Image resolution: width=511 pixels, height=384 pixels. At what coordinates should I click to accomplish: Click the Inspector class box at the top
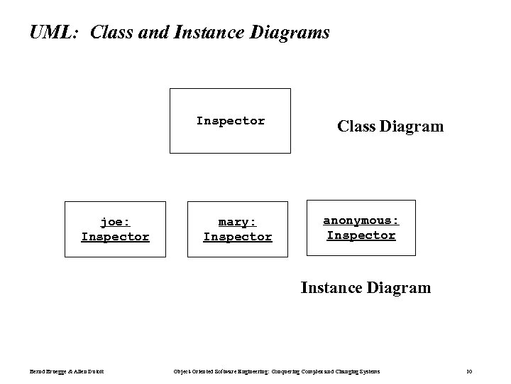point(230,121)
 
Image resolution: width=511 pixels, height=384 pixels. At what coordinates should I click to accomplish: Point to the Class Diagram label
point(390,127)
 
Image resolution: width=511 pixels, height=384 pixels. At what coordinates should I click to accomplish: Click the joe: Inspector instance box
point(115,229)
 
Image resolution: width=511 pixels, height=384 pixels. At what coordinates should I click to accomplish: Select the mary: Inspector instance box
point(237,229)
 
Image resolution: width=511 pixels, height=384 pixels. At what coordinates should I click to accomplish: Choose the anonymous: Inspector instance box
point(361,228)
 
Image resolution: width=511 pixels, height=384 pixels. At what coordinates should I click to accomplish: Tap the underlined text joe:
point(115,222)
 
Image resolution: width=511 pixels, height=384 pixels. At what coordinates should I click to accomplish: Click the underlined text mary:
point(237,222)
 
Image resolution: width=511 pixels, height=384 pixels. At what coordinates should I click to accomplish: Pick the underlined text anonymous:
point(361,220)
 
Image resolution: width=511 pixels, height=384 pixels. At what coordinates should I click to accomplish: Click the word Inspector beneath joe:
point(115,237)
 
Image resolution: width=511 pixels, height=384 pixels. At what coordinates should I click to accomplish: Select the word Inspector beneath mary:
point(237,237)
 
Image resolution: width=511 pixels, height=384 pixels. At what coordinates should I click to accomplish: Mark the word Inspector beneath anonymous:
point(361,235)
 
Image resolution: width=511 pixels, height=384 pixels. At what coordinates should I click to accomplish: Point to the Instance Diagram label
point(365,287)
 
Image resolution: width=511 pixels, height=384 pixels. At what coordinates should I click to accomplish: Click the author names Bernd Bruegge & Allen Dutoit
point(67,371)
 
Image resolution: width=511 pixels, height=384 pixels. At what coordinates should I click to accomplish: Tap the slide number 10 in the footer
point(469,371)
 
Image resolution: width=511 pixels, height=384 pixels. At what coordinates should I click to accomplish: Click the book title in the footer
point(277,371)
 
